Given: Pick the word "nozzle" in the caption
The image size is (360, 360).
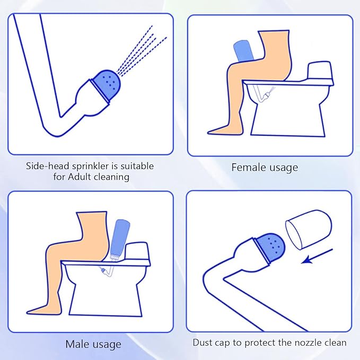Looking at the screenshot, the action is click(x=308, y=343).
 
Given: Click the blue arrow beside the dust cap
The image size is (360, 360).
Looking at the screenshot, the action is click(x=317, y=256).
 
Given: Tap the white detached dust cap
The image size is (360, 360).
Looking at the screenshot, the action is click(x=309, y=230).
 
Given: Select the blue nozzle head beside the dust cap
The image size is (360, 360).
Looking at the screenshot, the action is click(x=270, y=248).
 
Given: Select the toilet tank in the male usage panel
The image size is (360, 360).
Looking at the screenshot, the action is click(x=136, y=251).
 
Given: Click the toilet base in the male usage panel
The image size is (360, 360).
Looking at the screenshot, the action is click(x=106, y=298).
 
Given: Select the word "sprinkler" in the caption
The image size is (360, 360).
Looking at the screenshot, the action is click(x=91, y=166).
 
